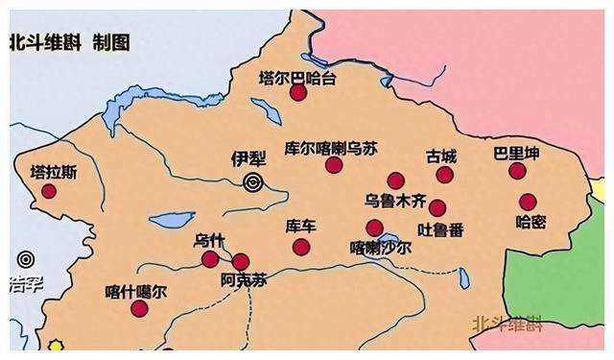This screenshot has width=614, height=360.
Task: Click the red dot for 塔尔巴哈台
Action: [298, 93]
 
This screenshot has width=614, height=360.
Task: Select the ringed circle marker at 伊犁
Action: [253, 182]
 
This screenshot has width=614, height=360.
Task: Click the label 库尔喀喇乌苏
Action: [332, 148]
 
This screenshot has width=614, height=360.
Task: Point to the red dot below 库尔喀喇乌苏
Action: [334, 165]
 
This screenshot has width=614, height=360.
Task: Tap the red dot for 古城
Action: [444, 175]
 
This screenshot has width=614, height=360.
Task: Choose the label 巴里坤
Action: [516, 154]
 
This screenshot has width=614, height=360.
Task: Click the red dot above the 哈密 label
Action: [528, 202]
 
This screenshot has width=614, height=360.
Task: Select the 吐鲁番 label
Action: [441, 229]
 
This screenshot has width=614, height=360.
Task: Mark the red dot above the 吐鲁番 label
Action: [437, 208]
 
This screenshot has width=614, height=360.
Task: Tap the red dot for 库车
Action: [301, 247]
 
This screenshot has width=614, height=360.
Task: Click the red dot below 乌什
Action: [210, 259]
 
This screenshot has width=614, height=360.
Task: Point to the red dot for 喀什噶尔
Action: [139, 308]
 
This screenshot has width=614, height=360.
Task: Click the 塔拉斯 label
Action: [52, 173]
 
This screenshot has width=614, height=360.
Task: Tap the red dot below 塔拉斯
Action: [49, 191]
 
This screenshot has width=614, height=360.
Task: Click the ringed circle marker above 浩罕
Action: [26, 259]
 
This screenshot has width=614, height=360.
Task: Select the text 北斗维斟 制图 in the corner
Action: [70, 43]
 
